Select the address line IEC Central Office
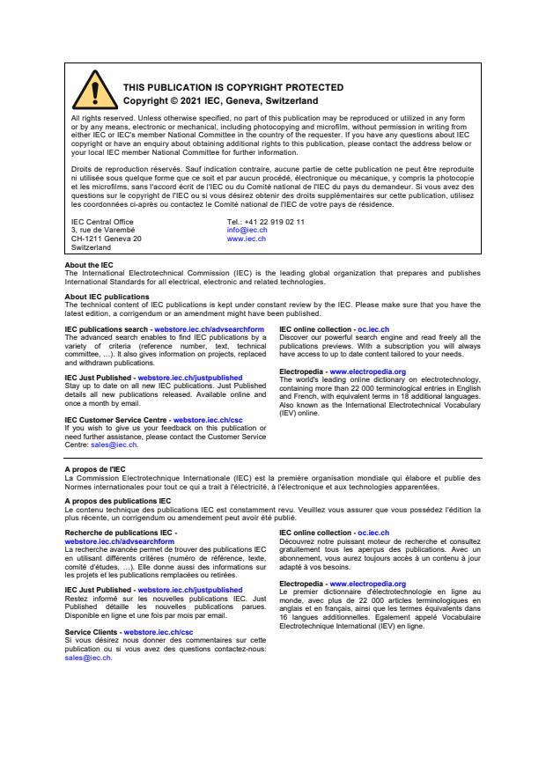click(102, 222)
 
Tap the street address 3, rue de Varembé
click(103, 230)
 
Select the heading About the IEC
click(89, 265)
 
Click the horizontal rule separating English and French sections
click(273, 459)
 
